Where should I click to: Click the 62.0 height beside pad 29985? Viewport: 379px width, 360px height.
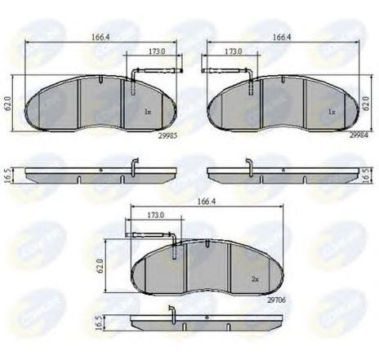click(8, 105)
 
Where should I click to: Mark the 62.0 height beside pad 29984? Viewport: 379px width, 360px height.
click(367, 105)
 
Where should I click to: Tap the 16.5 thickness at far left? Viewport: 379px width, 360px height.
click(8, 174)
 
